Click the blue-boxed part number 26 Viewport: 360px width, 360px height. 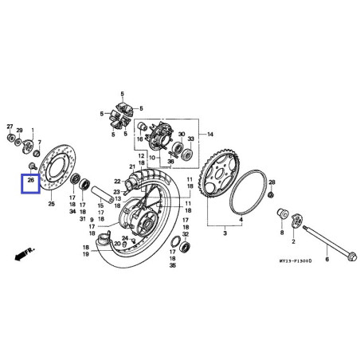[30, 181]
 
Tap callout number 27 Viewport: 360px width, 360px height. [10, 127]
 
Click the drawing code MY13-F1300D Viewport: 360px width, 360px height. [295, 260]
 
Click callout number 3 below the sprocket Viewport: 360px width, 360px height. [225, 236]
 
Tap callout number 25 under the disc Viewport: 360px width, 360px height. [52, 205]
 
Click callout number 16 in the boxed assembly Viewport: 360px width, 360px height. [139, 139]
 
